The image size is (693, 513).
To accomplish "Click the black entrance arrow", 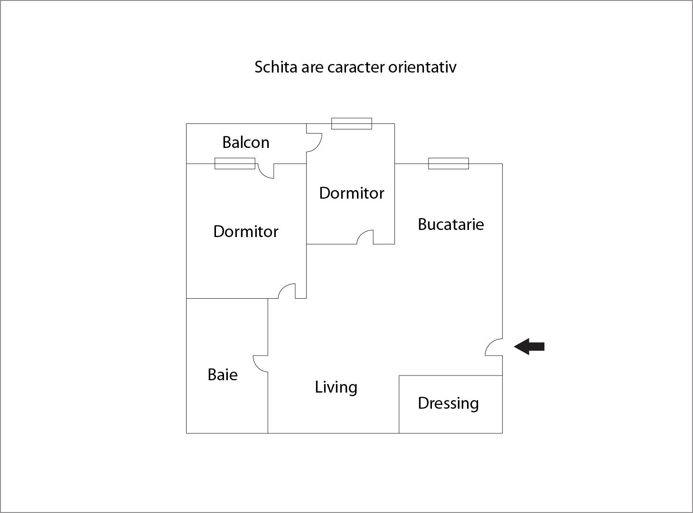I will point(529,347).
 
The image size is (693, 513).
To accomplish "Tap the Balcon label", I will point(246,142).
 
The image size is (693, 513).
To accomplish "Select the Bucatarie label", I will point(450,224).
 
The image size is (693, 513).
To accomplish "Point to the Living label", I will point(336,387).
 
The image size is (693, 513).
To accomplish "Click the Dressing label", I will point(448,403).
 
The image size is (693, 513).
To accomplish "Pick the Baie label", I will point(223,375).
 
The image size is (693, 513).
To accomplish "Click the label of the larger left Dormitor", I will point(246,231).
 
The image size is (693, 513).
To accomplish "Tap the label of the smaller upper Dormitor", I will point(351,193).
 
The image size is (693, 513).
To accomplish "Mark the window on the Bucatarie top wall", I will point(449,164).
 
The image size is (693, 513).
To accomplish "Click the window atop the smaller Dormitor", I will point(351,124).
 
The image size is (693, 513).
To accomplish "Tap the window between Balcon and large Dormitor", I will point(235,164).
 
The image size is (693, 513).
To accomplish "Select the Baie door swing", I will point(261,363).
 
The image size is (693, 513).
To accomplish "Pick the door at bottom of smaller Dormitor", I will point(365,237).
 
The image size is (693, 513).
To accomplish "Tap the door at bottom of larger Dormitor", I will point(287,291).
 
